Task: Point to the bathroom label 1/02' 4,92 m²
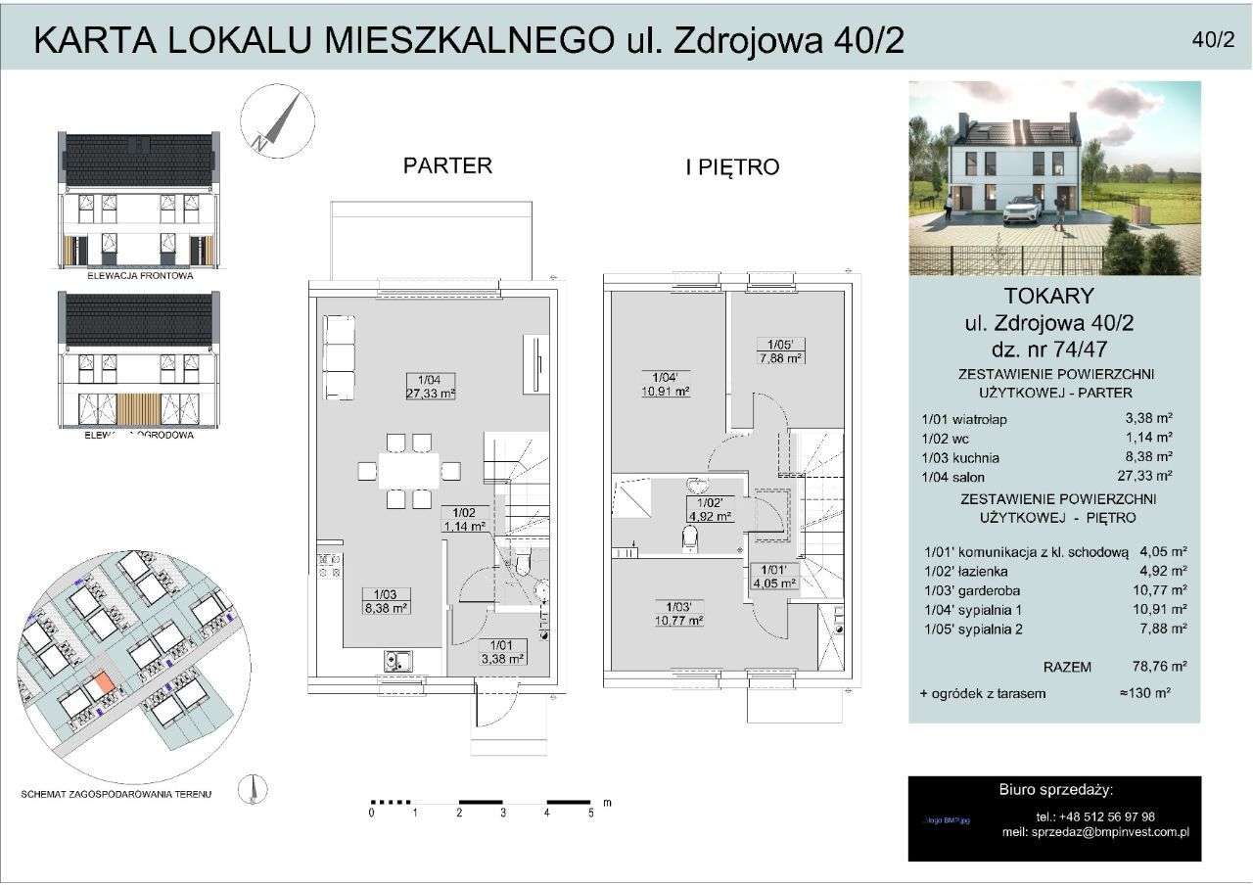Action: [710, 509]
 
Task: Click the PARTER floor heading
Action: [447, 165]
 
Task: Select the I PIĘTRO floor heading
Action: [731, 167]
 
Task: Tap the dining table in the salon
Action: [408, 471]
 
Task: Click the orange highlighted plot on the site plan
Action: [103, 684]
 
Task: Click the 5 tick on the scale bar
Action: [591, 813]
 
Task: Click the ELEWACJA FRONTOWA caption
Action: [138, 276]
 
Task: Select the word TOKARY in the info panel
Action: [1054, 296]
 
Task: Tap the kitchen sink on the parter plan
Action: [398, 661]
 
